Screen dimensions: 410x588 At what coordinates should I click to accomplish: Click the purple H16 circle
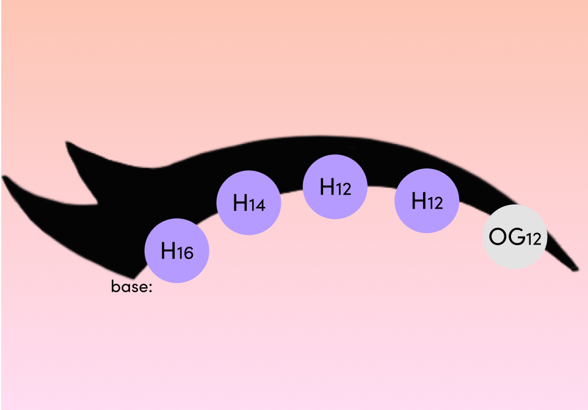tap(176, 251)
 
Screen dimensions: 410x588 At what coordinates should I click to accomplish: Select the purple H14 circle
tap(249, 203)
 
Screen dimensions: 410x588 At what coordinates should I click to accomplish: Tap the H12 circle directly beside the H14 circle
tap(335, 187)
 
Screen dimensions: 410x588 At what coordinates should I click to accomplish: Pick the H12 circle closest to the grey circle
tap(427, 201)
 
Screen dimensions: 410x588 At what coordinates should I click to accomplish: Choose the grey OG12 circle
tap(515, 237)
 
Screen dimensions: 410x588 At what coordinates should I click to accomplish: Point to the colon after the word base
tap(150, 287)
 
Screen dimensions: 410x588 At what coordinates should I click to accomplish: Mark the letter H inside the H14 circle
tap(241, 203)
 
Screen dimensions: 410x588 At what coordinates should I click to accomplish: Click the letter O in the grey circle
tap(498, 237)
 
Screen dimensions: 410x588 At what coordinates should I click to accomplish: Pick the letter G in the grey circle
tap(517, 237)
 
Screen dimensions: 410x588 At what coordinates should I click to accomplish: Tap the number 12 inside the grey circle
tap(534, 239)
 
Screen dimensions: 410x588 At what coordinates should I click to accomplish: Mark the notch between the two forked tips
tap(96, 201)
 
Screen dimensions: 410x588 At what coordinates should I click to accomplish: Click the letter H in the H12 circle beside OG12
tap(419, 201)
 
